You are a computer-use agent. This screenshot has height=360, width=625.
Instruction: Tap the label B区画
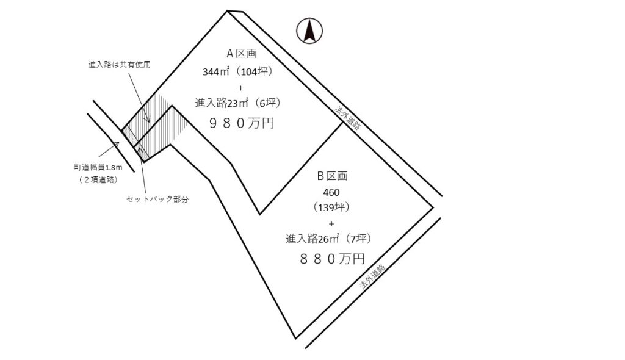[332, 176]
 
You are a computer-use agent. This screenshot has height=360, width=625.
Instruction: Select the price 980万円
[242, 123]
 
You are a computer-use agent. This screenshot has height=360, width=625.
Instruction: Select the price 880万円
[332, 259]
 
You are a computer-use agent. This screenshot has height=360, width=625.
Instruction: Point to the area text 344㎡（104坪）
[237, 71]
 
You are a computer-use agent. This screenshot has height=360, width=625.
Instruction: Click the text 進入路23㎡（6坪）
[237, 103]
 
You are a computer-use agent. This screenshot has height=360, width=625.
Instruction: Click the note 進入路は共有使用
[119, 63]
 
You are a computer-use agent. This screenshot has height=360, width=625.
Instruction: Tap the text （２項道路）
[98, 179]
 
